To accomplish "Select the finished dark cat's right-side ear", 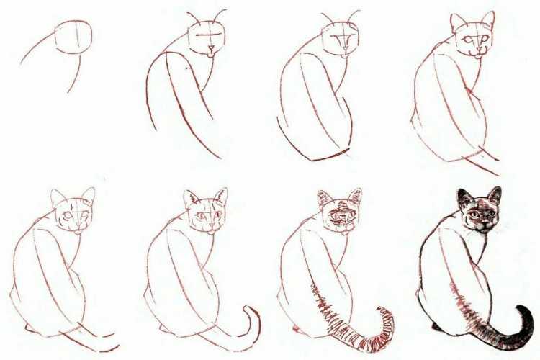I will (x=495, y=195).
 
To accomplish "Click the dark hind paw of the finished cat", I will (x=437, y=328).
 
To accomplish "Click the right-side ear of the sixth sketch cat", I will (x=222, y=196).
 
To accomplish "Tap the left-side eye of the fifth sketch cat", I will (x=67, y=215).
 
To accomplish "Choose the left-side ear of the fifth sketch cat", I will (x=58, y=197).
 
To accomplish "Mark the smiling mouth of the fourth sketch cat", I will (x=474, y=52).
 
